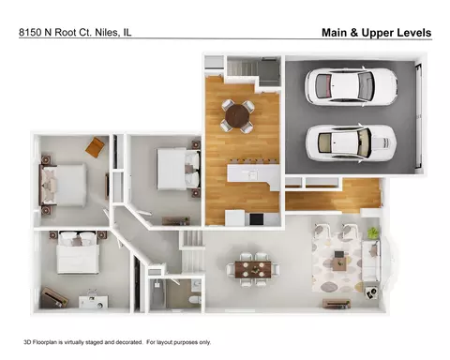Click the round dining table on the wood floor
coord(237,116)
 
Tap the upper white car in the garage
coord(351,86)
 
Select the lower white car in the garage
coord(351,143)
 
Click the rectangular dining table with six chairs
coord(253,269)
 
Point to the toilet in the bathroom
coord(195,300)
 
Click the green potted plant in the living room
coord(373,232)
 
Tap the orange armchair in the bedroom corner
coord(95,147)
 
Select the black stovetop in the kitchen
coord(257,218)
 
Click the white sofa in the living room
coord(371,261)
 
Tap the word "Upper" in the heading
coord(373,33)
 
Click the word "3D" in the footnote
coord(27,342)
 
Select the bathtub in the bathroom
coord(157,294)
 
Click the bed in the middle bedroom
coord(179,169)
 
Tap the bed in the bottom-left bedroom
coord(78,252)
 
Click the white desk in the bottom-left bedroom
coord(93,302)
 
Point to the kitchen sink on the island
coord(252,173)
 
